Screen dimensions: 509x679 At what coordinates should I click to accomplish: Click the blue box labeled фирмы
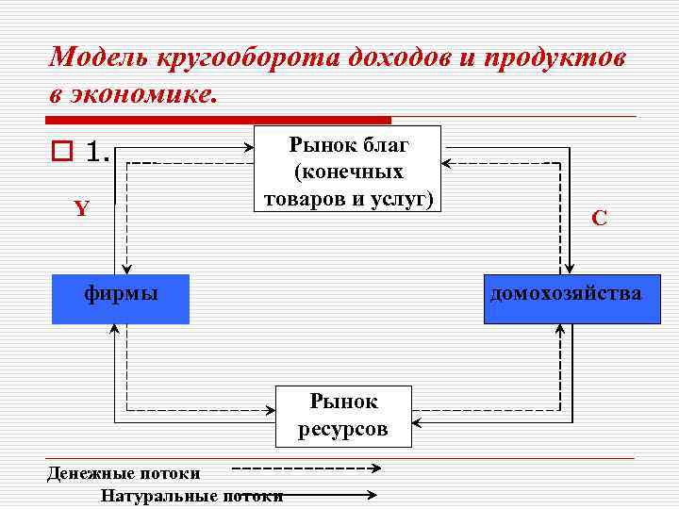point(121,299)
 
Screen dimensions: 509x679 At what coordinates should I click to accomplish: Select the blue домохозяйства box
point(567,299)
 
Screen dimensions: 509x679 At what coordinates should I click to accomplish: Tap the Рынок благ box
point(348,170)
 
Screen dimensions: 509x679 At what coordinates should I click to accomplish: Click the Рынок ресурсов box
point(343,416)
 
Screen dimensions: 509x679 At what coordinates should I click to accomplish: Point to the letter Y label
point(82,208)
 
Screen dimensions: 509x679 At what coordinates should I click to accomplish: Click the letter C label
point(599,219)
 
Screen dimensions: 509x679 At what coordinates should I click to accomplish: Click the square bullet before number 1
point(62,151)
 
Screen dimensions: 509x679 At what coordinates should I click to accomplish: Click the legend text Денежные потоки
point(123,472)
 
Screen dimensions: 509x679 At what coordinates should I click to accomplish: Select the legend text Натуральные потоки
point(191,496)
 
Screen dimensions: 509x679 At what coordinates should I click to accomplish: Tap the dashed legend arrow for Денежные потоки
point(306,468)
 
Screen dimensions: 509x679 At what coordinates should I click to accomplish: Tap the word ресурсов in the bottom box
point(343,430)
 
